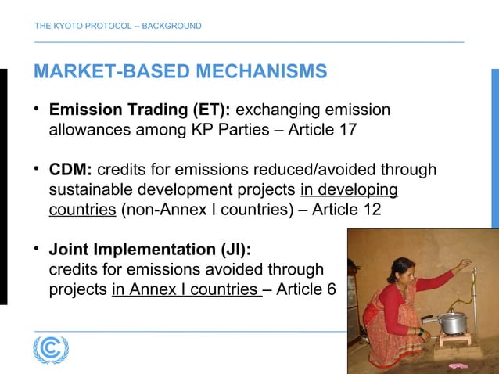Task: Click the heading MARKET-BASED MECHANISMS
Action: coord(180,73)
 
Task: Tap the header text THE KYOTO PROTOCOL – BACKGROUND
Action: coord(117,27)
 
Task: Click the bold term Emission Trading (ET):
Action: coord(135,110)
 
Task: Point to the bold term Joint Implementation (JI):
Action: coord(150,250)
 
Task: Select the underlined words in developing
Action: coord(349,190)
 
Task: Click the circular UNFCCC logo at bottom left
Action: coord(51,349)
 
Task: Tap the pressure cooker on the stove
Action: coord(453,320)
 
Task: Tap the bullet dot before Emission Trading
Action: coord(37,109)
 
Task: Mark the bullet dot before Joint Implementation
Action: coord(37,250)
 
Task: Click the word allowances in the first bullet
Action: coord(90,130)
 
